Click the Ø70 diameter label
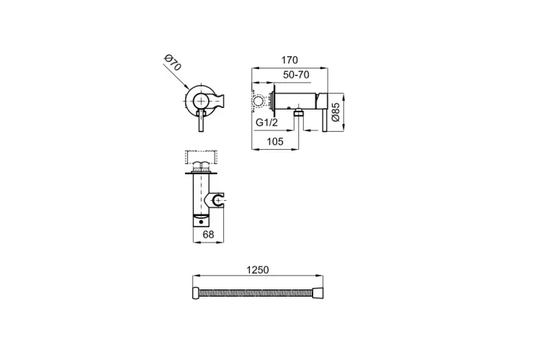tap(173, 63)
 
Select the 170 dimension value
tap(289, 60)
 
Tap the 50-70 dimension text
tap(296, 75)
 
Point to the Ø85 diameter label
tap(336, 112)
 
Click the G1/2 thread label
tap(267, 122)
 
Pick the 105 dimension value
tap(275, 142)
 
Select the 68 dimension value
tap(208, 235)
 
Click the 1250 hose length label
tap(258, 270)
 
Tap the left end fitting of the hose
tap(195, 293)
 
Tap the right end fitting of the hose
tap(318, 293)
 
